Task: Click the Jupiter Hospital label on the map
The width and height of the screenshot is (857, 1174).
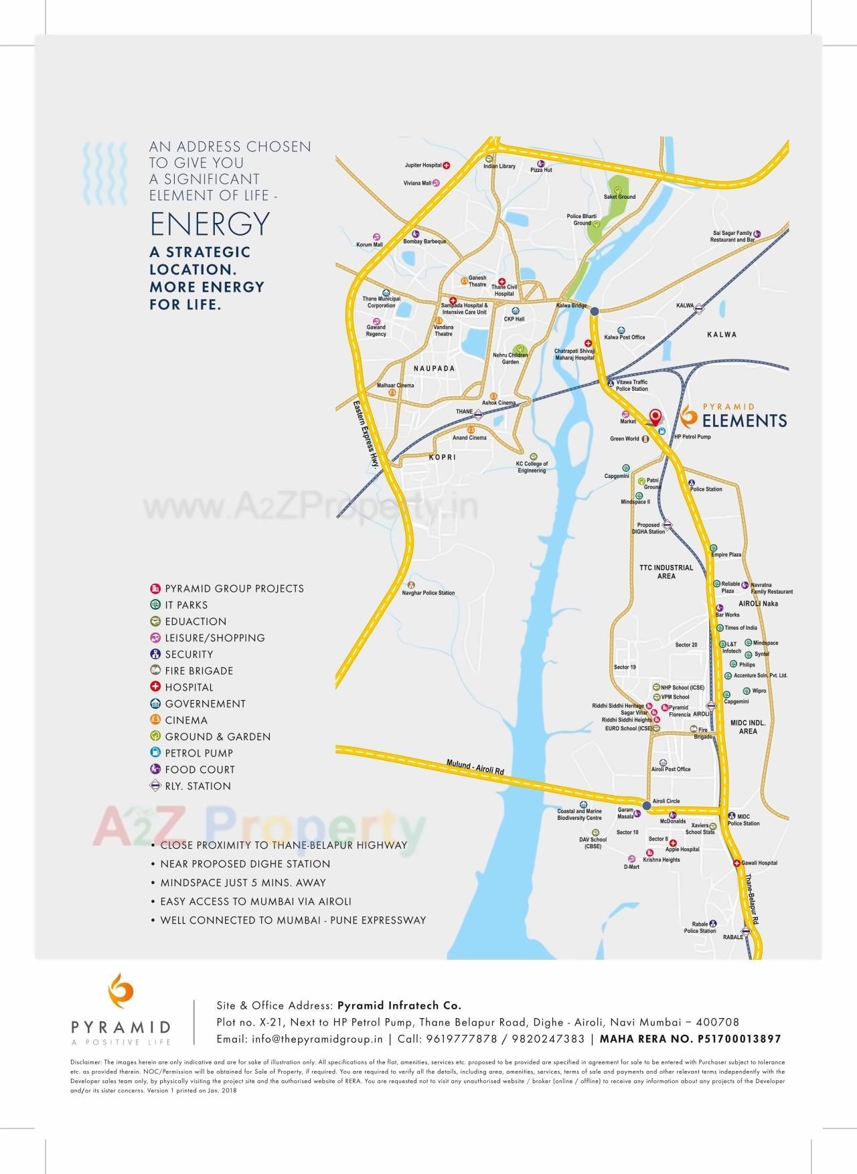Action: point(423,165)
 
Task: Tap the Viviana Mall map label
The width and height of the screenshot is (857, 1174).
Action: point(417,183)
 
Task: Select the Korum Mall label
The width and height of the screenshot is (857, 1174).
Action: point(370,245)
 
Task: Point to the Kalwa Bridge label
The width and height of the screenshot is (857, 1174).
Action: point(571,306)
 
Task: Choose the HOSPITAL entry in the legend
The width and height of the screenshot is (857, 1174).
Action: point(189,687)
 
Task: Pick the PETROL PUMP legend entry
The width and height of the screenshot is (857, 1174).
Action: point(199,753)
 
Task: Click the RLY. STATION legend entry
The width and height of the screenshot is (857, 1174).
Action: point(198,786)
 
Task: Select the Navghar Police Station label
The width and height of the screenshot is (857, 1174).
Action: point(428,593)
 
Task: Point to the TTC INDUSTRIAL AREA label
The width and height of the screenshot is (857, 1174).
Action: point(666,572)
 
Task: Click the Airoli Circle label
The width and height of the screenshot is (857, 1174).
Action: point(666,801)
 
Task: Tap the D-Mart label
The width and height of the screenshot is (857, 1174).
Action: point(631,867)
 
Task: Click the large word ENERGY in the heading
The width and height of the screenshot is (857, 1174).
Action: point(210,224)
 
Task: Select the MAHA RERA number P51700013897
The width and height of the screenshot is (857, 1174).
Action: point(690,1039)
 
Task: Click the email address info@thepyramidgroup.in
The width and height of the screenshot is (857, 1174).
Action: point(299,1039)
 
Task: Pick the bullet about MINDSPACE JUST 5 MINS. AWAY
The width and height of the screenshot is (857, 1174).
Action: point(242,883)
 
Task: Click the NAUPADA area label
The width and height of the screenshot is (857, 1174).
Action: point(434,369)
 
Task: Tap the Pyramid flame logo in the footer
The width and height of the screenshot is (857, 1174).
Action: point(121,994)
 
